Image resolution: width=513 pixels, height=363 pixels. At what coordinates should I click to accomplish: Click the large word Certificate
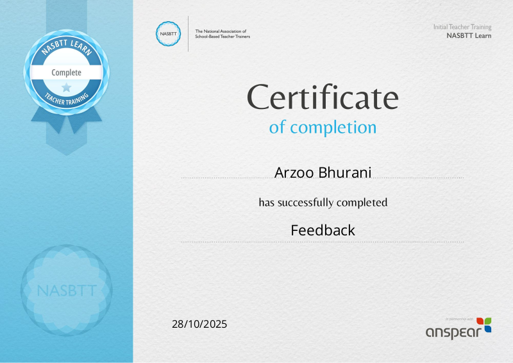click(x=323, y=97)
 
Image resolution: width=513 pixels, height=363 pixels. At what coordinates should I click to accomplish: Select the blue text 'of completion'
click(x=323, y=127)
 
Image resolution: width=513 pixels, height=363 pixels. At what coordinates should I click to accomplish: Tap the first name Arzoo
click(x=294, y=173)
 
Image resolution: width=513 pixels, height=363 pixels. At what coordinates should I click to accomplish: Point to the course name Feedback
click(x=323, y=230)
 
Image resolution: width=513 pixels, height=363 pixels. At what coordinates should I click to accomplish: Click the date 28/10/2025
click(x=199, y=324)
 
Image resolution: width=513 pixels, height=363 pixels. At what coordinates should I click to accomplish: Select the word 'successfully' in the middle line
click(x=306, y=203)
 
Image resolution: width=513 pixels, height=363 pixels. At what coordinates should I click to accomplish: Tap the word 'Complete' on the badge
click(x=67, y=72)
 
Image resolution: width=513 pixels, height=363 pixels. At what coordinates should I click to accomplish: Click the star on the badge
click(x=67, y=87)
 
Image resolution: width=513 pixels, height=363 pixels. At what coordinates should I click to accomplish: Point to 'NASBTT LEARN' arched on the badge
click(x=67, y=46)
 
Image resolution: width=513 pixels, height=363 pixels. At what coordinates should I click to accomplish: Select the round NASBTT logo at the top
click(x=168, y=34)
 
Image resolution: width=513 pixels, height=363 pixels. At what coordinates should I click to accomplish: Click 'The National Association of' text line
click(x=221, y=31)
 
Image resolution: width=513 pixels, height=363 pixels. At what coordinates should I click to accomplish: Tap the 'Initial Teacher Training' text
click(x=462, y=27)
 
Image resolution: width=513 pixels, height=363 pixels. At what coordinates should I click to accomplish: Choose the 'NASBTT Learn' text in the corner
click(x=469, y=36)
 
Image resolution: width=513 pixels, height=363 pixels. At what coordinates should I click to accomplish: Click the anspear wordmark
click(x=453, y=333)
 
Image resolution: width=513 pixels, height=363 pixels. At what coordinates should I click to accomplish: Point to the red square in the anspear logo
click(x=480, y=321)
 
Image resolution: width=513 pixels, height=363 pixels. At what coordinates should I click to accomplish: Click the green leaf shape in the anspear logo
click(x=488, y=321)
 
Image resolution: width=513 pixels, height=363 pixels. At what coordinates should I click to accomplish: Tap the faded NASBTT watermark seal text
click(x=67, y=291)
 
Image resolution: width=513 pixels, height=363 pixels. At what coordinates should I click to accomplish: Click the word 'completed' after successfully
click(x=362, y=203)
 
